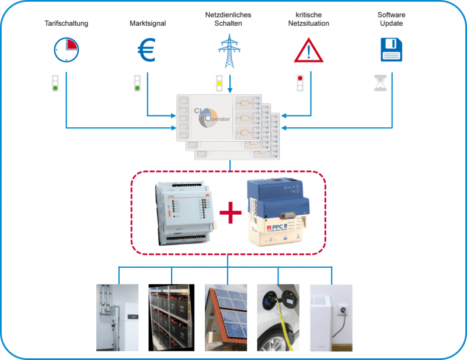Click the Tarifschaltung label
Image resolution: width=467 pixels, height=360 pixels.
coord(66,23)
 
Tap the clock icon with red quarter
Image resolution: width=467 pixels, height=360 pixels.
coord(66,50)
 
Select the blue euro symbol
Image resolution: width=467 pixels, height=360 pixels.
coord(147,50)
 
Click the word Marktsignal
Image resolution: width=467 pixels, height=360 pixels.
coord(148,23)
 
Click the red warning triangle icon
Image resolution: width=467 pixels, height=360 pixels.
coord(309,51)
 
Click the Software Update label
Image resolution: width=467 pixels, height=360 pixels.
coord(391,19)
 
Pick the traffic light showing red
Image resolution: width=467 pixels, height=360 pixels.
coord(300,82)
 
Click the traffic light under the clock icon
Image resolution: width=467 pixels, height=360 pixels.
coord(55,84)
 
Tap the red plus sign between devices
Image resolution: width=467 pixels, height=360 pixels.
coord(230,213)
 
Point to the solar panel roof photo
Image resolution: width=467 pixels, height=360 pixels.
coord(226,317)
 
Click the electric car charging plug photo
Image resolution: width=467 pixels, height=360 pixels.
coord(278,317)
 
